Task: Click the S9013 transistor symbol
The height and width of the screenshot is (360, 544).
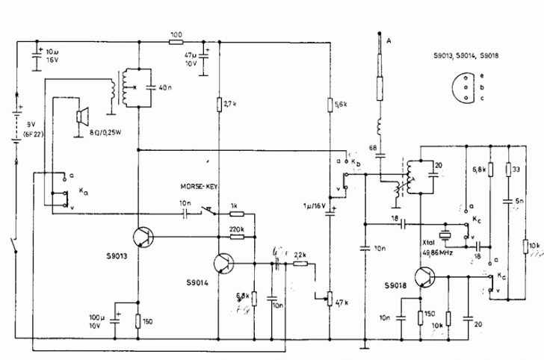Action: pos(143,238)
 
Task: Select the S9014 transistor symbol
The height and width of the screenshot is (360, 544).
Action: pos(223,264)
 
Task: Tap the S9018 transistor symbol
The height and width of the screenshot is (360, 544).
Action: pos(424,278)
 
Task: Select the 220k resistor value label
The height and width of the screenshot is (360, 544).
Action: pos(238,228)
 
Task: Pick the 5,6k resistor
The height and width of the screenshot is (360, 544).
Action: pos(330,104)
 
